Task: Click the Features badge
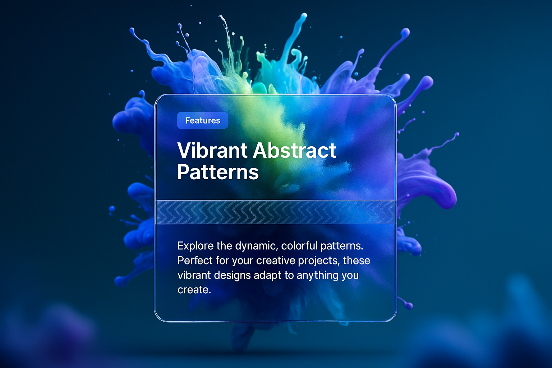203,120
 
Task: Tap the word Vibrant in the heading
212,150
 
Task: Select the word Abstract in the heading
295,150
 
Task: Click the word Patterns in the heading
218,172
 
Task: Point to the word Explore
195,246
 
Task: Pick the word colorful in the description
299,246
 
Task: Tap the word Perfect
195,261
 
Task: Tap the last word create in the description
194,290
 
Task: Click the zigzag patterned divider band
276,212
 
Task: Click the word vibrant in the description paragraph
194,275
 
